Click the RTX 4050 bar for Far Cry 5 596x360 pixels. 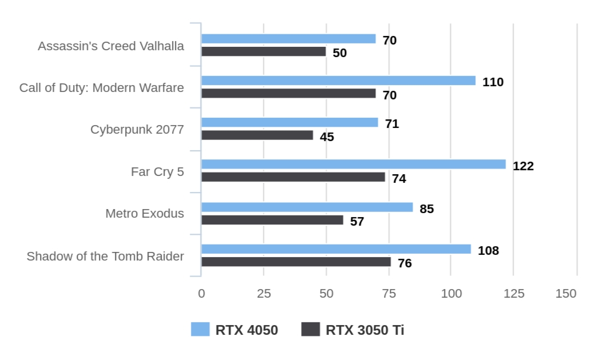[x=353, y=165]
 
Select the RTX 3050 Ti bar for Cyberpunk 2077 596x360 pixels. [x=257, y=135]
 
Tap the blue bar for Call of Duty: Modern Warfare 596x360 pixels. [x=338, y=81]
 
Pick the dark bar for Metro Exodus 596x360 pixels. [x=272, y=220]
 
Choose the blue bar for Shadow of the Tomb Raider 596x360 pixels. [x=336, y=249]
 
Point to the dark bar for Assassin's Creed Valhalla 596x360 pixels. [x=263, y=52]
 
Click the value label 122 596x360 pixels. [x=523, y=166]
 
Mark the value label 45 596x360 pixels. [x=327, y=137]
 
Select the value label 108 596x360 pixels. [x=488, y=251]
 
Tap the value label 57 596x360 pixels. [x=357, y=222]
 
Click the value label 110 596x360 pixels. [x=493, y=82]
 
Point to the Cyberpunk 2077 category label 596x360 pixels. [x=137, y=130]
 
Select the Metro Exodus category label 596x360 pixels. [x=145, y=214]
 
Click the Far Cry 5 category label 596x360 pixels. [x=157, y=171]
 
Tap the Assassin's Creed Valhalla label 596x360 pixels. [x=111, y=46]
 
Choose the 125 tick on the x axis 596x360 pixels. [x=513, y=294]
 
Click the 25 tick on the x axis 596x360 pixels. [x=263, y=294]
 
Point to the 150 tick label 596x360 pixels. [x=566, y=294]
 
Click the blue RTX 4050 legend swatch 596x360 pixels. [x=200, y=330]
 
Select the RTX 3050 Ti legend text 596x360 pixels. [x=365, y=330]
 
